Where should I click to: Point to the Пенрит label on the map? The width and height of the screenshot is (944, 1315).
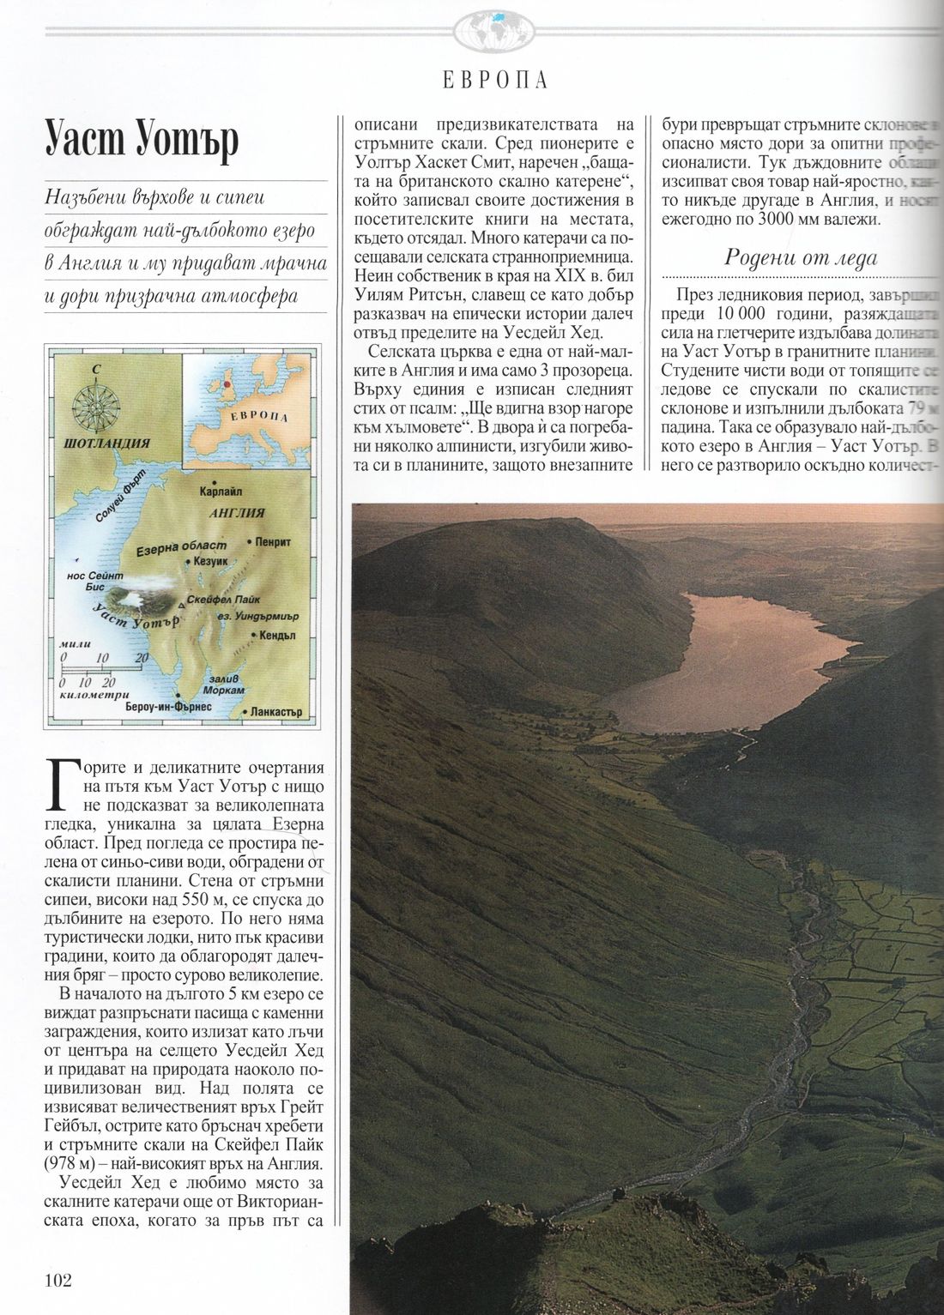pos(273,542)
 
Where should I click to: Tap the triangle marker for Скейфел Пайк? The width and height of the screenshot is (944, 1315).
pos(180,606)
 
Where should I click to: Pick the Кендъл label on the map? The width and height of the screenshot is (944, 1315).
pos(276,636)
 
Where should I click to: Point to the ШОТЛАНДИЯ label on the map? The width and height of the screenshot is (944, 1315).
pos(107,444)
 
